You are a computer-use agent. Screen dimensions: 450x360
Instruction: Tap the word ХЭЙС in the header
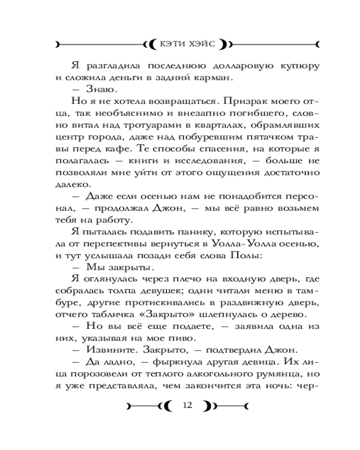click(x=202, y=45)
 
